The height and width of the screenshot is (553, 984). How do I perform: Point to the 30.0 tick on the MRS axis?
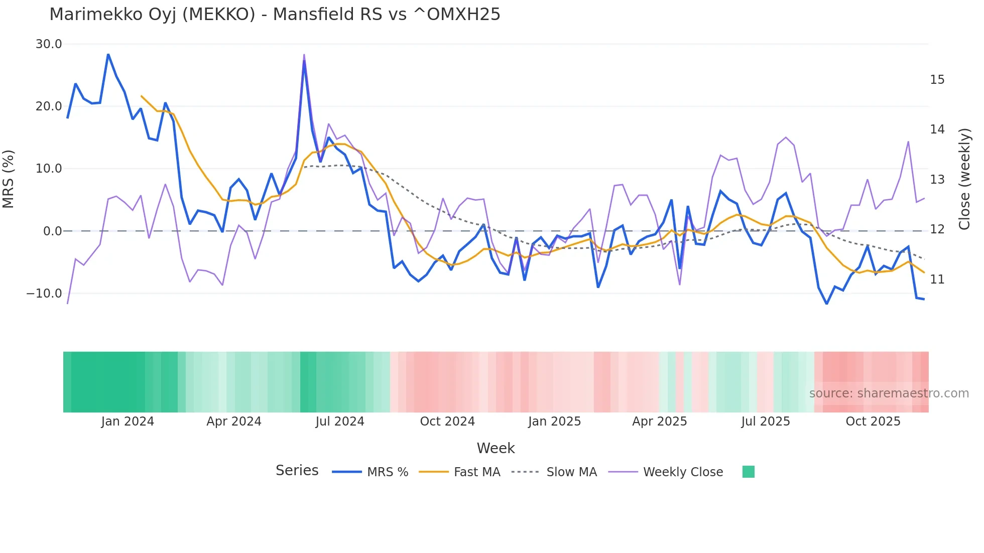[x=49, y=44]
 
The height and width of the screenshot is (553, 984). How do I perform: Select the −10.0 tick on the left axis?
[x=44, y=293]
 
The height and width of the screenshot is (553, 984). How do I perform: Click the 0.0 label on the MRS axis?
[x=52, y=231]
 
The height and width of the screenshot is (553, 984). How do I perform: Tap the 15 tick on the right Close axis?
[x=937, y=80]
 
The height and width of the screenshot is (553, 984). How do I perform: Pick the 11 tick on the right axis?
[x=937, y=279]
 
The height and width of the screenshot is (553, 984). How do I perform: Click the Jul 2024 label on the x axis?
[x=340, y=422]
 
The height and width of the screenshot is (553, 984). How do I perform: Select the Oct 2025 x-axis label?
[x=873, y=422]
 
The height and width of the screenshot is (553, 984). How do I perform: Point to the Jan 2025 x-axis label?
[x=554, y=422]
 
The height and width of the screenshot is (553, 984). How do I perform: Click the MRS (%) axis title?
[x=9, y=179]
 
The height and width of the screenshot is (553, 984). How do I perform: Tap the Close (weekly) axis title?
[x=964, y=179]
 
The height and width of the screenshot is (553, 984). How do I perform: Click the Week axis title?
[x=496, y=448]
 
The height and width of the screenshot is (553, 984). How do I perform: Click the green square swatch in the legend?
[x=748, y=472]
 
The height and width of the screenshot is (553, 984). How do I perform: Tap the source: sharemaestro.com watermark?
[x=889, y=393]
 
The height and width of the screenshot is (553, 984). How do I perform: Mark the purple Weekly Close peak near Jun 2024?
[x=304, y=55]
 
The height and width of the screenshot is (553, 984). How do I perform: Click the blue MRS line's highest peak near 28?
[x=108, y=54]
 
